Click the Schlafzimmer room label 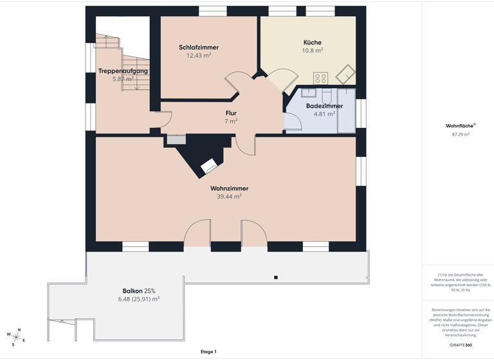click(199, 48)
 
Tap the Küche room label click(313, 42)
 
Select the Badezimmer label click(324, 106)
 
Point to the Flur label click(231, 113)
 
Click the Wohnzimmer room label click(229, 188)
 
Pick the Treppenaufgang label click(123, 71)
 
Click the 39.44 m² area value click(229, 197)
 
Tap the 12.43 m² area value click(199, 55)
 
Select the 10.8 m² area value click(313, 50)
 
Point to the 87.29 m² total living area click(461, 134)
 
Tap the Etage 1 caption click(208, 352)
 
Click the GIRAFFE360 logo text click(461, 345)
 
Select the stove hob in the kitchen click(320, 78)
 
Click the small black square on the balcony click(276, 278)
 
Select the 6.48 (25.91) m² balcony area click(138, 299)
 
